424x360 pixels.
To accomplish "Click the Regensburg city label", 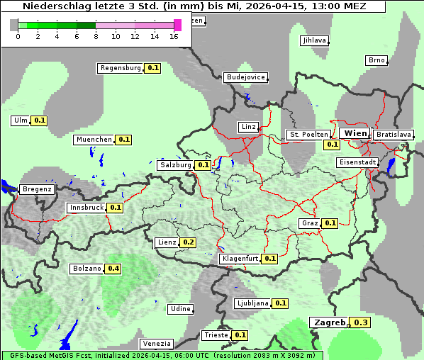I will [121, 68].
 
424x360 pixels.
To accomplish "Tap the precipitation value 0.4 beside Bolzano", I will [113, 269].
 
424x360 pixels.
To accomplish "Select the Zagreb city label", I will [327, 322].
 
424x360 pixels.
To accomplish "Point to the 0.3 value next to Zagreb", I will [361, 322].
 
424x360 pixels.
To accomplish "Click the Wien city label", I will [355, 133].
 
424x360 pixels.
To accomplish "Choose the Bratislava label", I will [394, 134].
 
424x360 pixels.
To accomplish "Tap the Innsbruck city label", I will [86, 208].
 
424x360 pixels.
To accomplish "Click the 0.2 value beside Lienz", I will [189, 242].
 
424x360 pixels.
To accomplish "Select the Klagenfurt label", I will [239, 259].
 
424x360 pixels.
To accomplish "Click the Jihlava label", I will [314, 40].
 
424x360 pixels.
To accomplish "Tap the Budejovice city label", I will [246, 77].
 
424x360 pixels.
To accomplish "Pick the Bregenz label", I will [37, 189].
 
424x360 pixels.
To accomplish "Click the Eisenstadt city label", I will [357, 162].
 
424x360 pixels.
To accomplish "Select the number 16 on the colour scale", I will [174, 36].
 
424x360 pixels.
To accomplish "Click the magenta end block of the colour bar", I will [177, 25].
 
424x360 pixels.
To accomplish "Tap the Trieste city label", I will [216, 335].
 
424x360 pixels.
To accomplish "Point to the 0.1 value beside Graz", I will [330, 223].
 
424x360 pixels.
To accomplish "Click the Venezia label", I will [156, 344].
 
